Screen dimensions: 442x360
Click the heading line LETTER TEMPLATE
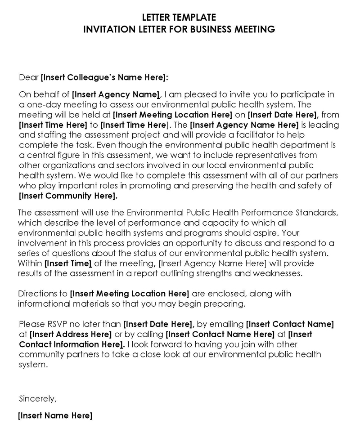tap(180, 18)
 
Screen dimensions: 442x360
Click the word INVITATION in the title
tap(107, 30)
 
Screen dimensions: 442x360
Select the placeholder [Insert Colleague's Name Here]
tap(104, 77)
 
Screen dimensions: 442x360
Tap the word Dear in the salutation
tap(29, 77)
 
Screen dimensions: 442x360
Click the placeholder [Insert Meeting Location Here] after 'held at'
tap(172, 114)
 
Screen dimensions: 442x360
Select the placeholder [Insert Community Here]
tap(68, 196)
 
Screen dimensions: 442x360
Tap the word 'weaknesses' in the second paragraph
tap(276, 273)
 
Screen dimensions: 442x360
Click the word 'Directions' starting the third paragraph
tap(36, 294)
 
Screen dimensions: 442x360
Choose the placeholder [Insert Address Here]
tap(70, 334)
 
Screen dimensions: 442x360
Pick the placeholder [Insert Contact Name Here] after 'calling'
tap(220, 334)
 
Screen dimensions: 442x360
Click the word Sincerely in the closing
tap(38, 398)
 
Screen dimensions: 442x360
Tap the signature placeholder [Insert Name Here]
tap(55, 415)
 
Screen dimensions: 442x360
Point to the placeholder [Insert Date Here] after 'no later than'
tap(158, 324)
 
